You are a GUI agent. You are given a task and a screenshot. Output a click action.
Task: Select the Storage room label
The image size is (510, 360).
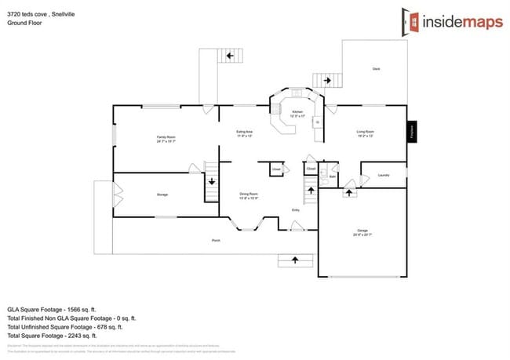pyautogui.click(x=162, y=195)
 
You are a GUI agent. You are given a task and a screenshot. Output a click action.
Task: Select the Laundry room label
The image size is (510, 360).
pyautogui.click(x=384, y=175)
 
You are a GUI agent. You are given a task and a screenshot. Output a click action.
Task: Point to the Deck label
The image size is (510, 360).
pyautogui.click(x=376, y=69)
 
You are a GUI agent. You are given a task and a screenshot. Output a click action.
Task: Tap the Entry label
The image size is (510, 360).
pyautogui.click(x=296, y=210)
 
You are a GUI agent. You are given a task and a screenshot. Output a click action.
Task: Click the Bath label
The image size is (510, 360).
pyautogui.click(x=333, y=177)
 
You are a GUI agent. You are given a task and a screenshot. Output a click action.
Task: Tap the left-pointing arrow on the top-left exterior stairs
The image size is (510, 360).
pyautogui.click(x=230, y=56)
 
